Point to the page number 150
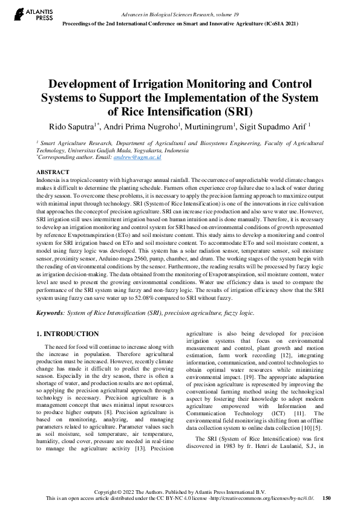click(327, 498)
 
